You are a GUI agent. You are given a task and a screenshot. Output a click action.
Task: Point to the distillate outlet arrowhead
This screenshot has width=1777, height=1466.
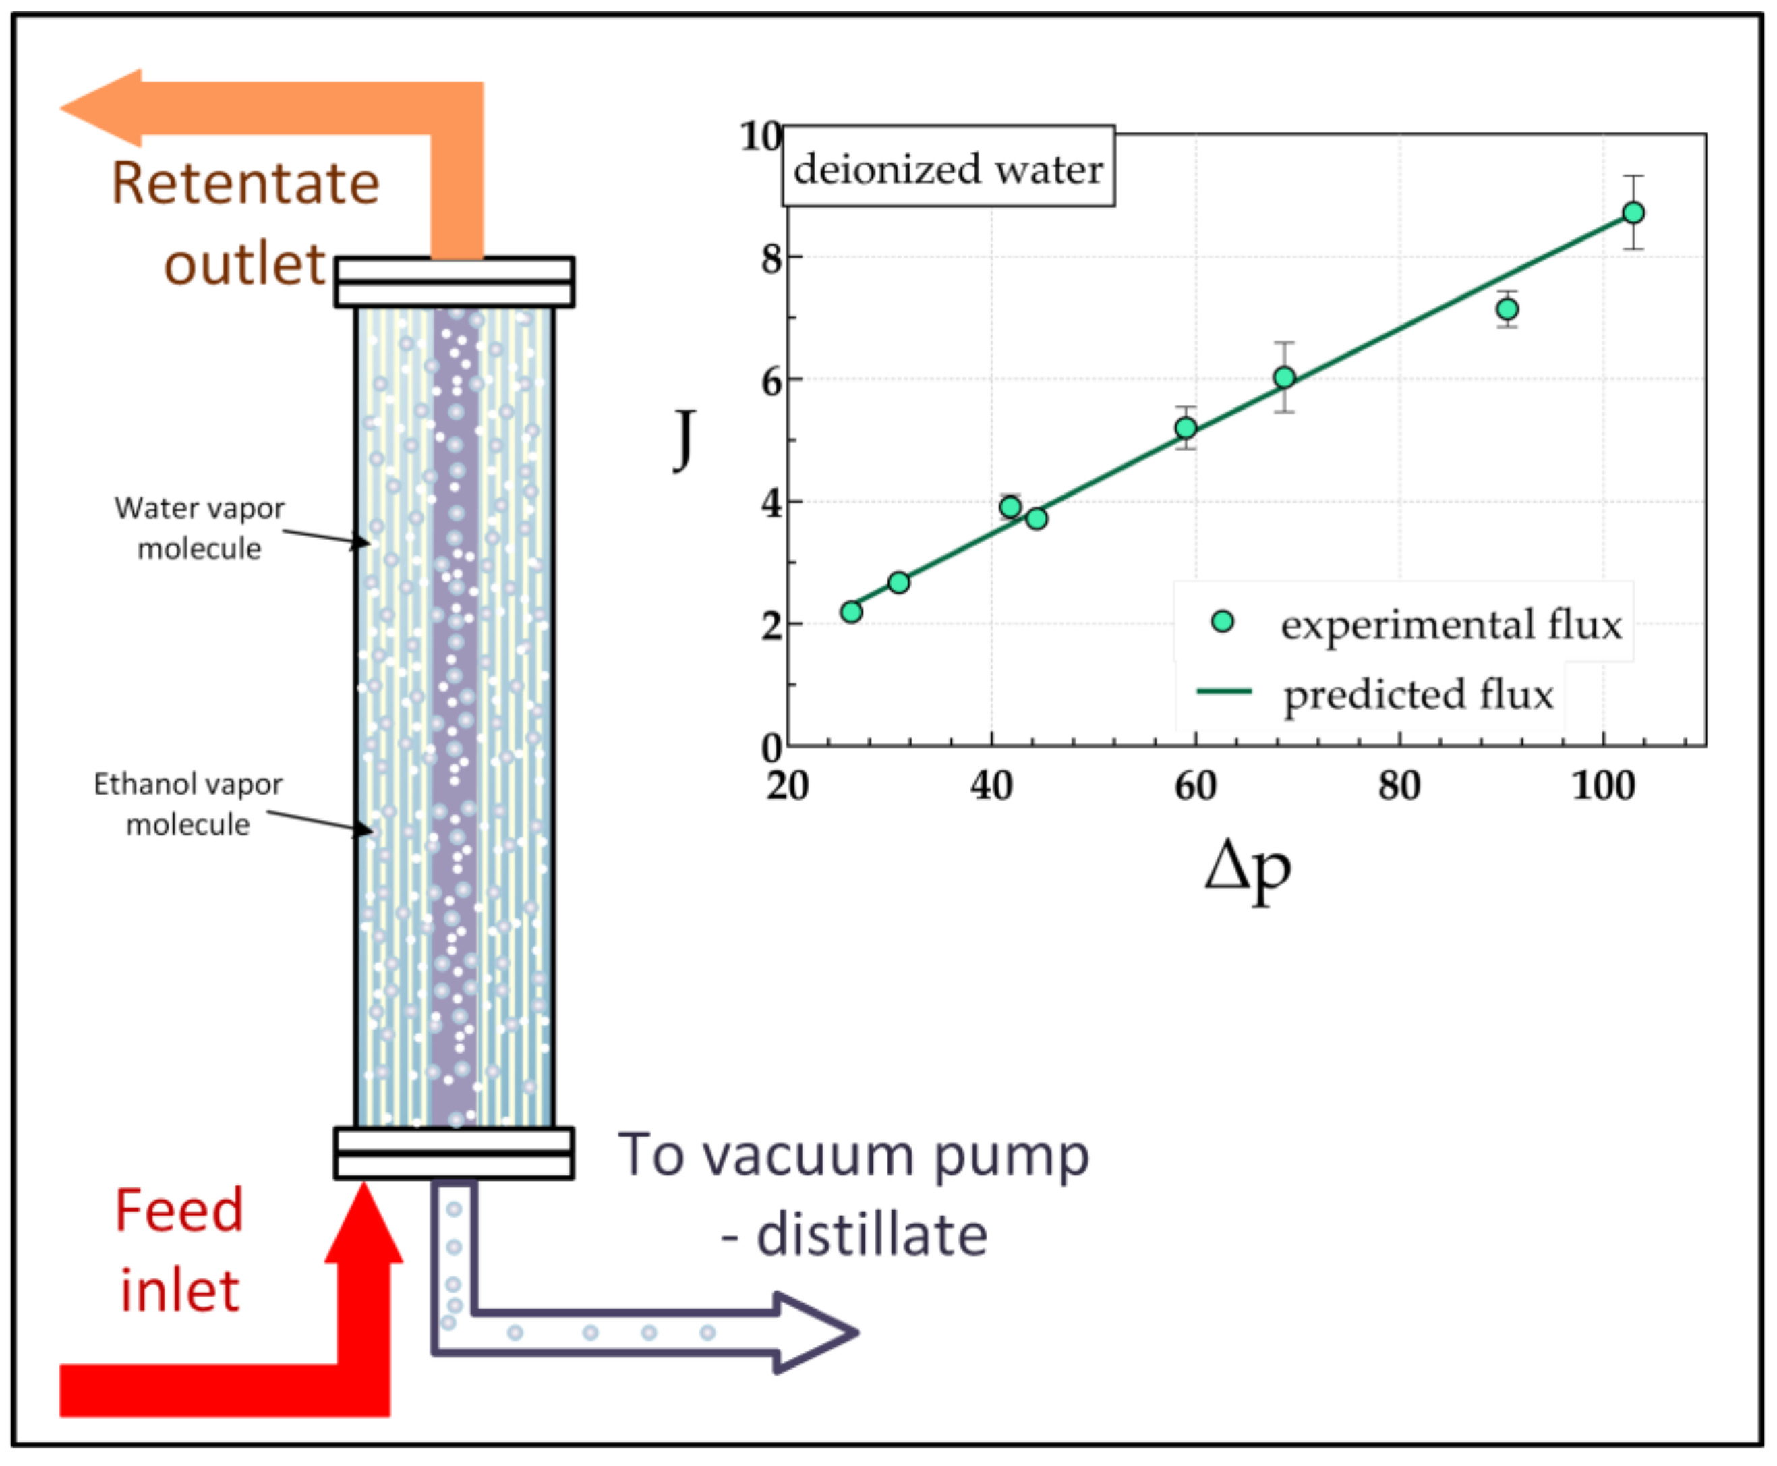[x=815, y=1332]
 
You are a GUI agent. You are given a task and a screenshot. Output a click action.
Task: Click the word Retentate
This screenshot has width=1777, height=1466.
[x=245, y=184]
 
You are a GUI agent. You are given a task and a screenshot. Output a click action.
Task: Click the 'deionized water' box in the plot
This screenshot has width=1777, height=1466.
[x=948, y=167]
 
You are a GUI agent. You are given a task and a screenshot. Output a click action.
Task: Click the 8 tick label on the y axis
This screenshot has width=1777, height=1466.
[x=771, y=258]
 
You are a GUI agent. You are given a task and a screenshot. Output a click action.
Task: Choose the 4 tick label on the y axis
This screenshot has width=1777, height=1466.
[x=771, y=504]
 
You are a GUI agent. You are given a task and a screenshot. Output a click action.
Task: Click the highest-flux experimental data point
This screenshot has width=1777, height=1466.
[x=1633, y=213]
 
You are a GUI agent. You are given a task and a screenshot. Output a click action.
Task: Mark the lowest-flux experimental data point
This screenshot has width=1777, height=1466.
[x=852, y=611]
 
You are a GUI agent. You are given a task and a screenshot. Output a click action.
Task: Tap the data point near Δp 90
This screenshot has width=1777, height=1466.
[x=1507, y=309]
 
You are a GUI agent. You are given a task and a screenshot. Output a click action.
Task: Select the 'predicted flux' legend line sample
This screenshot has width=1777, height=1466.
[x=1224, y=692]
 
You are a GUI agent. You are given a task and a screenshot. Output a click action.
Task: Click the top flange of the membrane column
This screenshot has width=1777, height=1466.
[x=454, y=281]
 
